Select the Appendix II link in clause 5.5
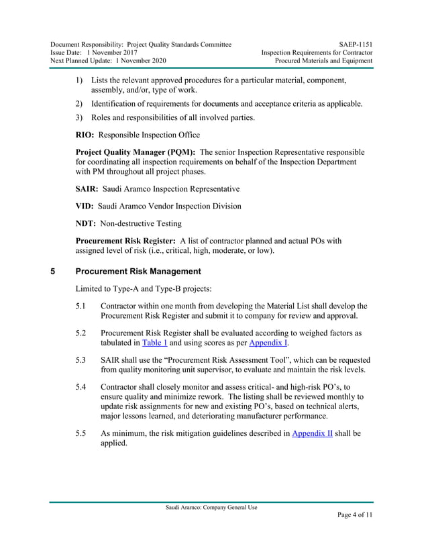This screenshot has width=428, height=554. coord(313,433)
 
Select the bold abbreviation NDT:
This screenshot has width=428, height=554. coord(87,224)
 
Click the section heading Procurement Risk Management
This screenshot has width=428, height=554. coord(138,272)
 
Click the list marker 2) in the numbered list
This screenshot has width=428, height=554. coord(79,103)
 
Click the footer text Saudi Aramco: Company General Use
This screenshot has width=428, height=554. coord(211,507)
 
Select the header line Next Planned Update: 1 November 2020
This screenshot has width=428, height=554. coord(113,60)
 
